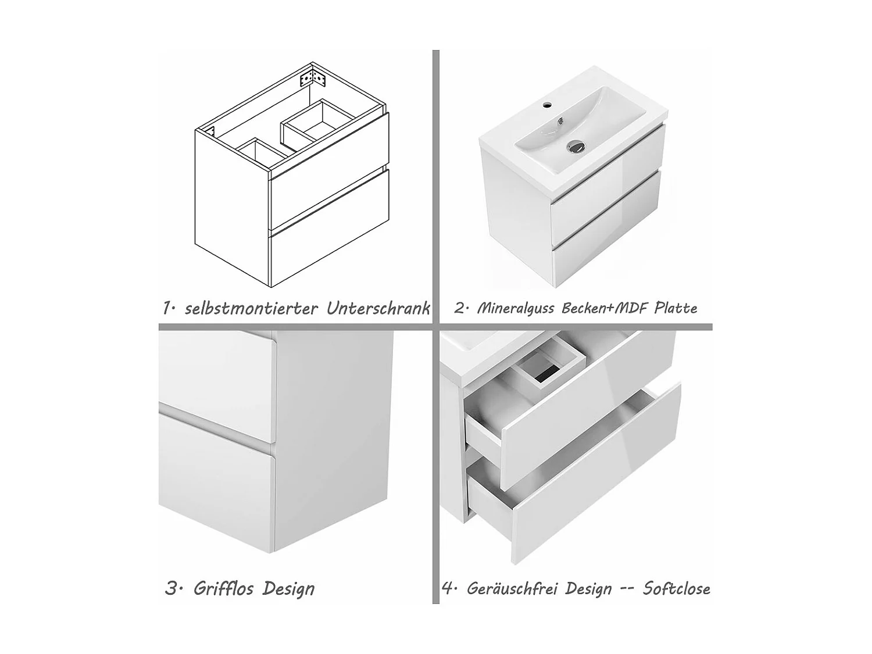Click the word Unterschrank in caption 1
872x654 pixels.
pos(378,308)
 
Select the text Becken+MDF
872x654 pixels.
pos(604,308)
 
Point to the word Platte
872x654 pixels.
pos(676,308)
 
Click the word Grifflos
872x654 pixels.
pos(223,589)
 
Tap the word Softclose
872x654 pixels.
pos(676,589)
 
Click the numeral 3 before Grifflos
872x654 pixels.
pos(171,589)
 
